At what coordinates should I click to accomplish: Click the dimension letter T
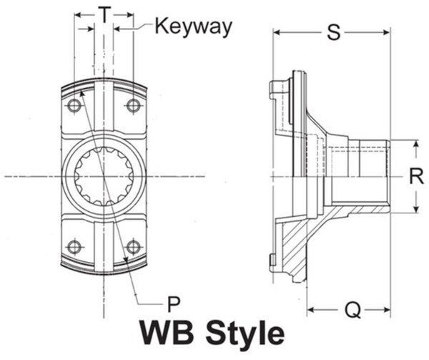[x=104, y=14]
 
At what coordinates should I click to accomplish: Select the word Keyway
[x=194, y=26]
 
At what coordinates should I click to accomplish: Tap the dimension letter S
[x=334, y=33]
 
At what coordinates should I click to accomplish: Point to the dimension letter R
[x=416, y=176]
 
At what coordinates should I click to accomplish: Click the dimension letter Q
[x=352, y=310]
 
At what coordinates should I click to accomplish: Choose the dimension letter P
[x=174, y=304]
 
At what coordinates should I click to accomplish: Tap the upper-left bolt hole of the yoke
[x=74, y=106]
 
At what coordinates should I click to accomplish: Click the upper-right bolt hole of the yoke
[x=134, y=106]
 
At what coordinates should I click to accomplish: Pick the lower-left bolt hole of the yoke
[x=74, y=247]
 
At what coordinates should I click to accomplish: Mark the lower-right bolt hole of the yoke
[x=134, y=247]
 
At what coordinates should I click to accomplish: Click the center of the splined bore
[x=104, y=176]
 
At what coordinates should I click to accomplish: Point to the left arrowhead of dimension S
[x=277, y=33]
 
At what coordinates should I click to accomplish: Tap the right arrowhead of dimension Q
[x=387, y=310]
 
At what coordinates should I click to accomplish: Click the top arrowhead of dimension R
[x=416, y=144]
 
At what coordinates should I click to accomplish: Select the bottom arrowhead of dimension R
[x=416, y=209]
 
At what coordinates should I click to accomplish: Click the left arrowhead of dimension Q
[x=311, y=310]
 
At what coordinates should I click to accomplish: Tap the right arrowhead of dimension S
[x=387, y=33]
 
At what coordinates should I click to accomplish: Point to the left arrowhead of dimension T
[x=78, y=15]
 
